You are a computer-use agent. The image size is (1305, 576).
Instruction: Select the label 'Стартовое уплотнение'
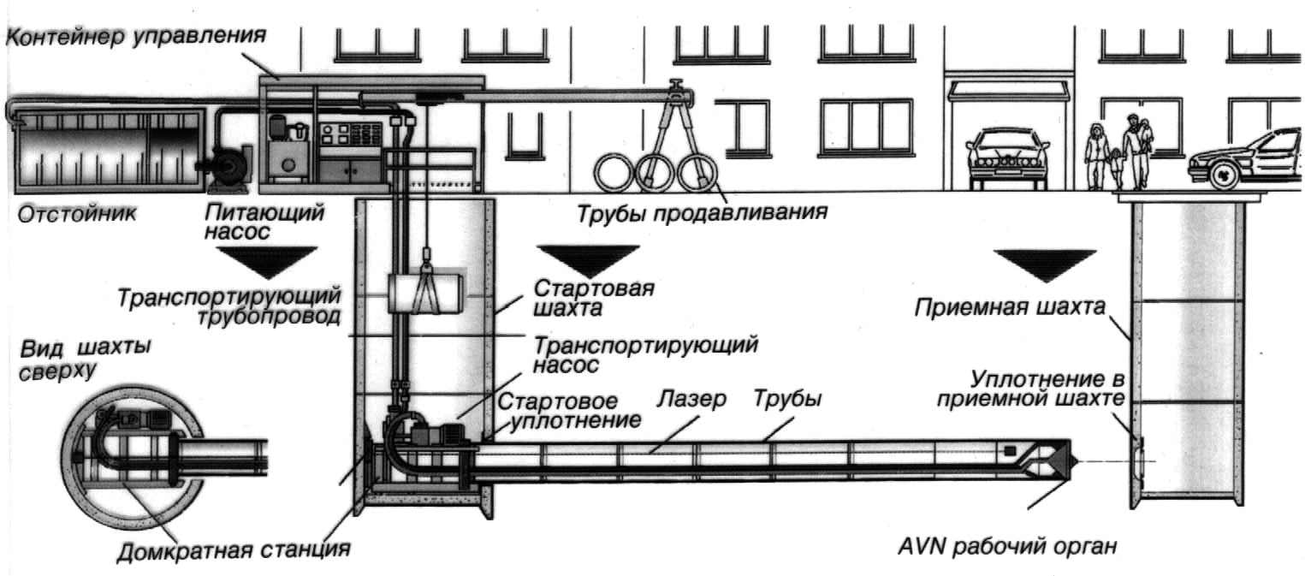[568, 410]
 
